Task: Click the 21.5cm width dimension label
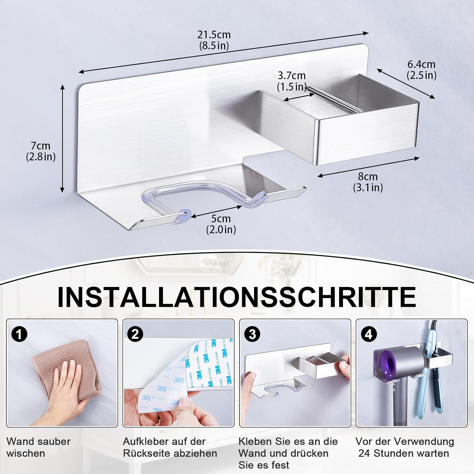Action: click(x=214, y=40)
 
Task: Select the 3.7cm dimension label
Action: click(x=292, y=81)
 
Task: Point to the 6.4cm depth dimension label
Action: click(x=421, y=70)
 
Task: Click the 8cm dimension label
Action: click(x=368, y=182)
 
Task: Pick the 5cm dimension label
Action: click(x=221, y=224)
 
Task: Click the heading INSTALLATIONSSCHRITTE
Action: click(x=237, y=297)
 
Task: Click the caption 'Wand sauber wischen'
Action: click(x=38, y=447)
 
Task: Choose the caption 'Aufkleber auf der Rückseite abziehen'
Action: click(x=170, y=447)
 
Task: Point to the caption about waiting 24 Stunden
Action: click(x=404, y=447)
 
